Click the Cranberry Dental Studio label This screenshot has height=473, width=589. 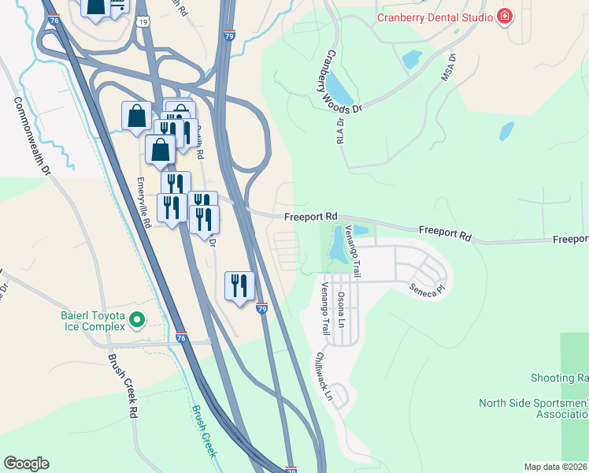point(435,17)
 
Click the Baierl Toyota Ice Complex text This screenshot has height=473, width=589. point(93,321)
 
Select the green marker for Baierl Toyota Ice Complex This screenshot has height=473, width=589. point(137,320)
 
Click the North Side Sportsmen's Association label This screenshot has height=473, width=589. point(533,408)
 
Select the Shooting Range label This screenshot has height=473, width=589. point(559,378)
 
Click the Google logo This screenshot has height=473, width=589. point(26,464)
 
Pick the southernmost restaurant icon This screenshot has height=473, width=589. point(239,286)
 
